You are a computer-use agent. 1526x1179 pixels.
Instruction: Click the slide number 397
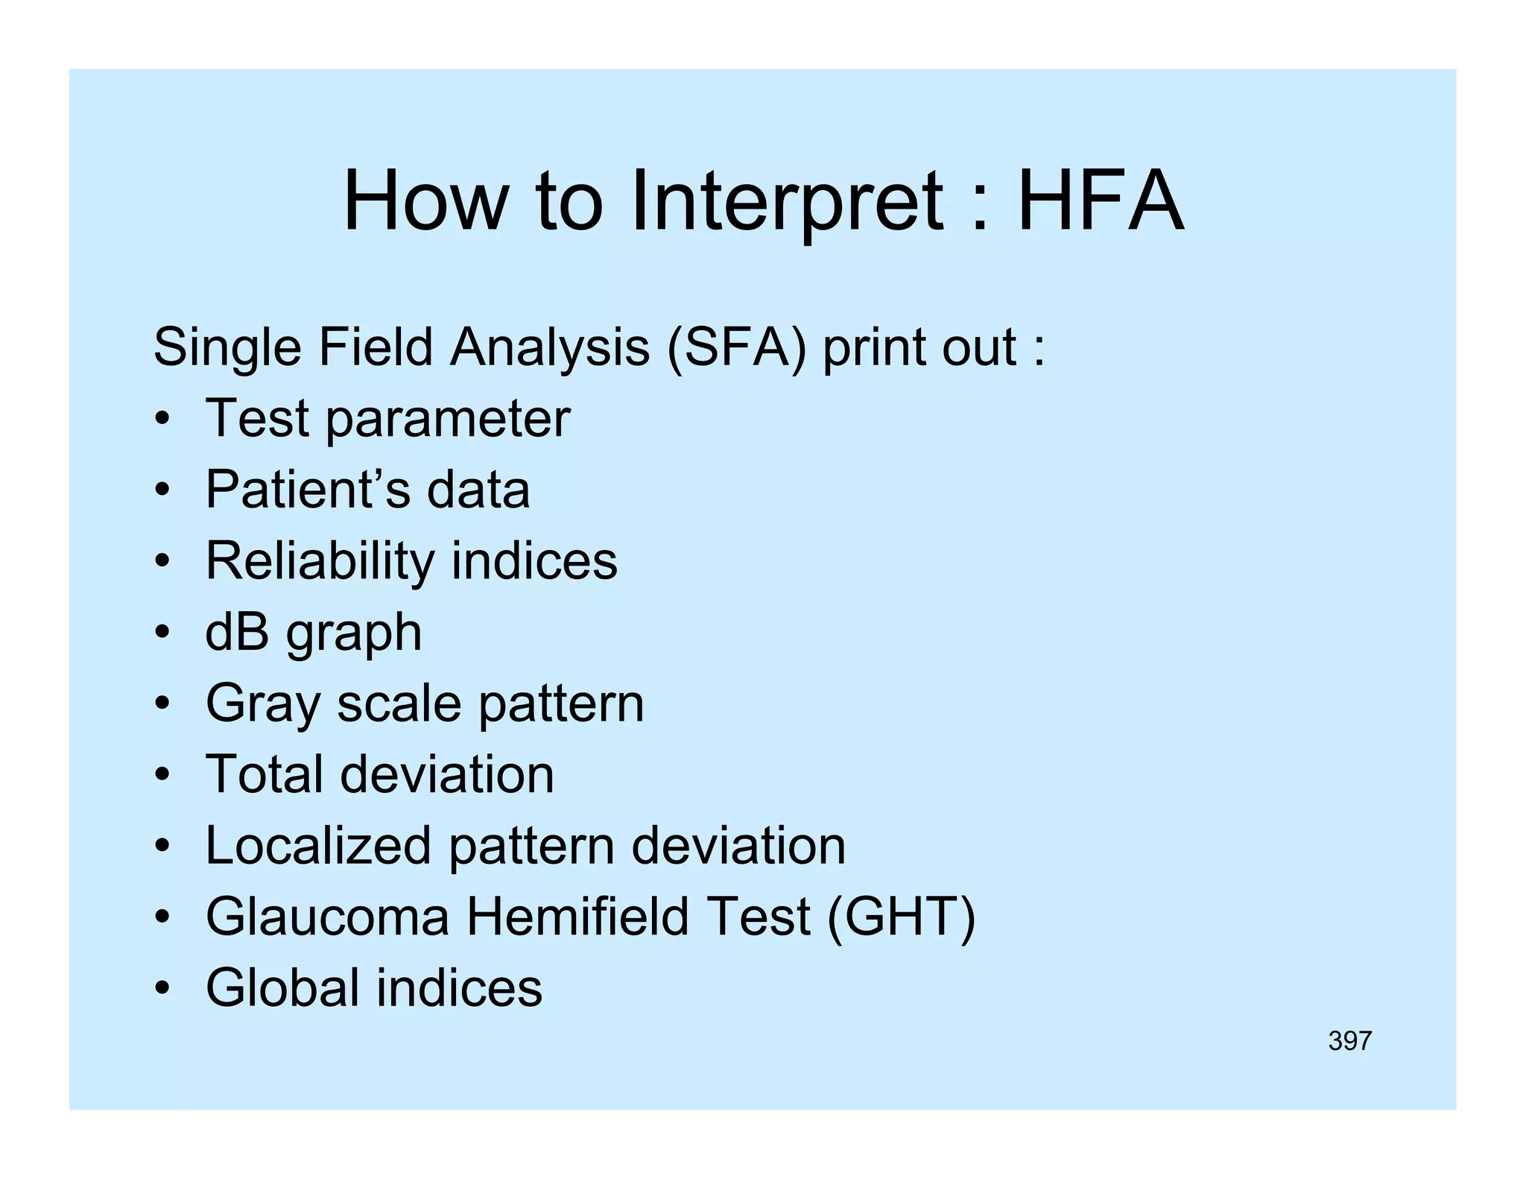[x=1349, y=1040]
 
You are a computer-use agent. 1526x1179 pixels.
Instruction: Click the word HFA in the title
[x=1101, y=201]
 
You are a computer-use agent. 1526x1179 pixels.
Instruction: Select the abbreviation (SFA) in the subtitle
[x=736, y=347]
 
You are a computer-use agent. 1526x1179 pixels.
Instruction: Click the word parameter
[x=448, y=420]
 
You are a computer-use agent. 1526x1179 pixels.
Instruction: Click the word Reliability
[x=320, y=562]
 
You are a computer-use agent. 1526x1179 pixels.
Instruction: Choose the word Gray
[x=262, y=705]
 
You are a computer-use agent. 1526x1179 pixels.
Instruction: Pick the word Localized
[x=318, y=846]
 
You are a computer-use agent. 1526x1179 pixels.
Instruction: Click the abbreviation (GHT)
[x=901, y=917]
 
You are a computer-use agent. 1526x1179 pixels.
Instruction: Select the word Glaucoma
[x=327, y=917]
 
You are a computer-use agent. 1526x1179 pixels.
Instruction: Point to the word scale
[x=399, y=704]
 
